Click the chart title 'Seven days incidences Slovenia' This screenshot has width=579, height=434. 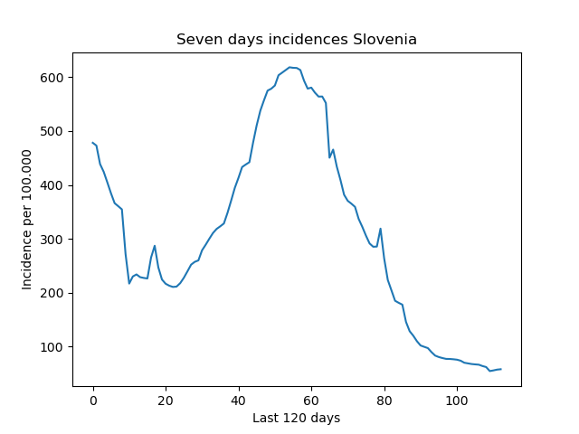coord(297,39)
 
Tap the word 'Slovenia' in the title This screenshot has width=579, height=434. coord(384,39)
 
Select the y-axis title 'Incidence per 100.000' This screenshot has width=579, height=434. coord(26,220)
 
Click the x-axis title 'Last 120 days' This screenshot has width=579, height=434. coord(296,418)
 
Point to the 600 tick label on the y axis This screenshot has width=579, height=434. coord(52,78)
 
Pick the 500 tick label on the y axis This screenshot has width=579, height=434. coord(52,131)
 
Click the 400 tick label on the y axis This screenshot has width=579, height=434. coord(52,185)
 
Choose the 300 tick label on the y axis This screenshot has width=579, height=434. coord(52,239)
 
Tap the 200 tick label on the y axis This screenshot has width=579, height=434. coord(52,293)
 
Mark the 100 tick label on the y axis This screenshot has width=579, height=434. coord(52,347)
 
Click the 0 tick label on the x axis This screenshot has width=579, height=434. coord(93,401)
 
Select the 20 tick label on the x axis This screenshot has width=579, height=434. coord(166,401)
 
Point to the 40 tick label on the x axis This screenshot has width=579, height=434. coord(239,401)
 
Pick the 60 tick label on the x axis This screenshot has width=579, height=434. coord(311,401)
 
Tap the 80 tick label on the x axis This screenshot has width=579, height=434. coord(384,401)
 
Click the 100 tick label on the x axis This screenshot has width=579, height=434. coord(457,401)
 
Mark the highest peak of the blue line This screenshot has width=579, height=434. coord(289,67)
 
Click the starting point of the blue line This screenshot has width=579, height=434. coord(92,143)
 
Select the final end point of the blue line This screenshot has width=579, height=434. coord(501,369)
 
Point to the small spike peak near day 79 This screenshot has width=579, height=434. coord(380,229)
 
